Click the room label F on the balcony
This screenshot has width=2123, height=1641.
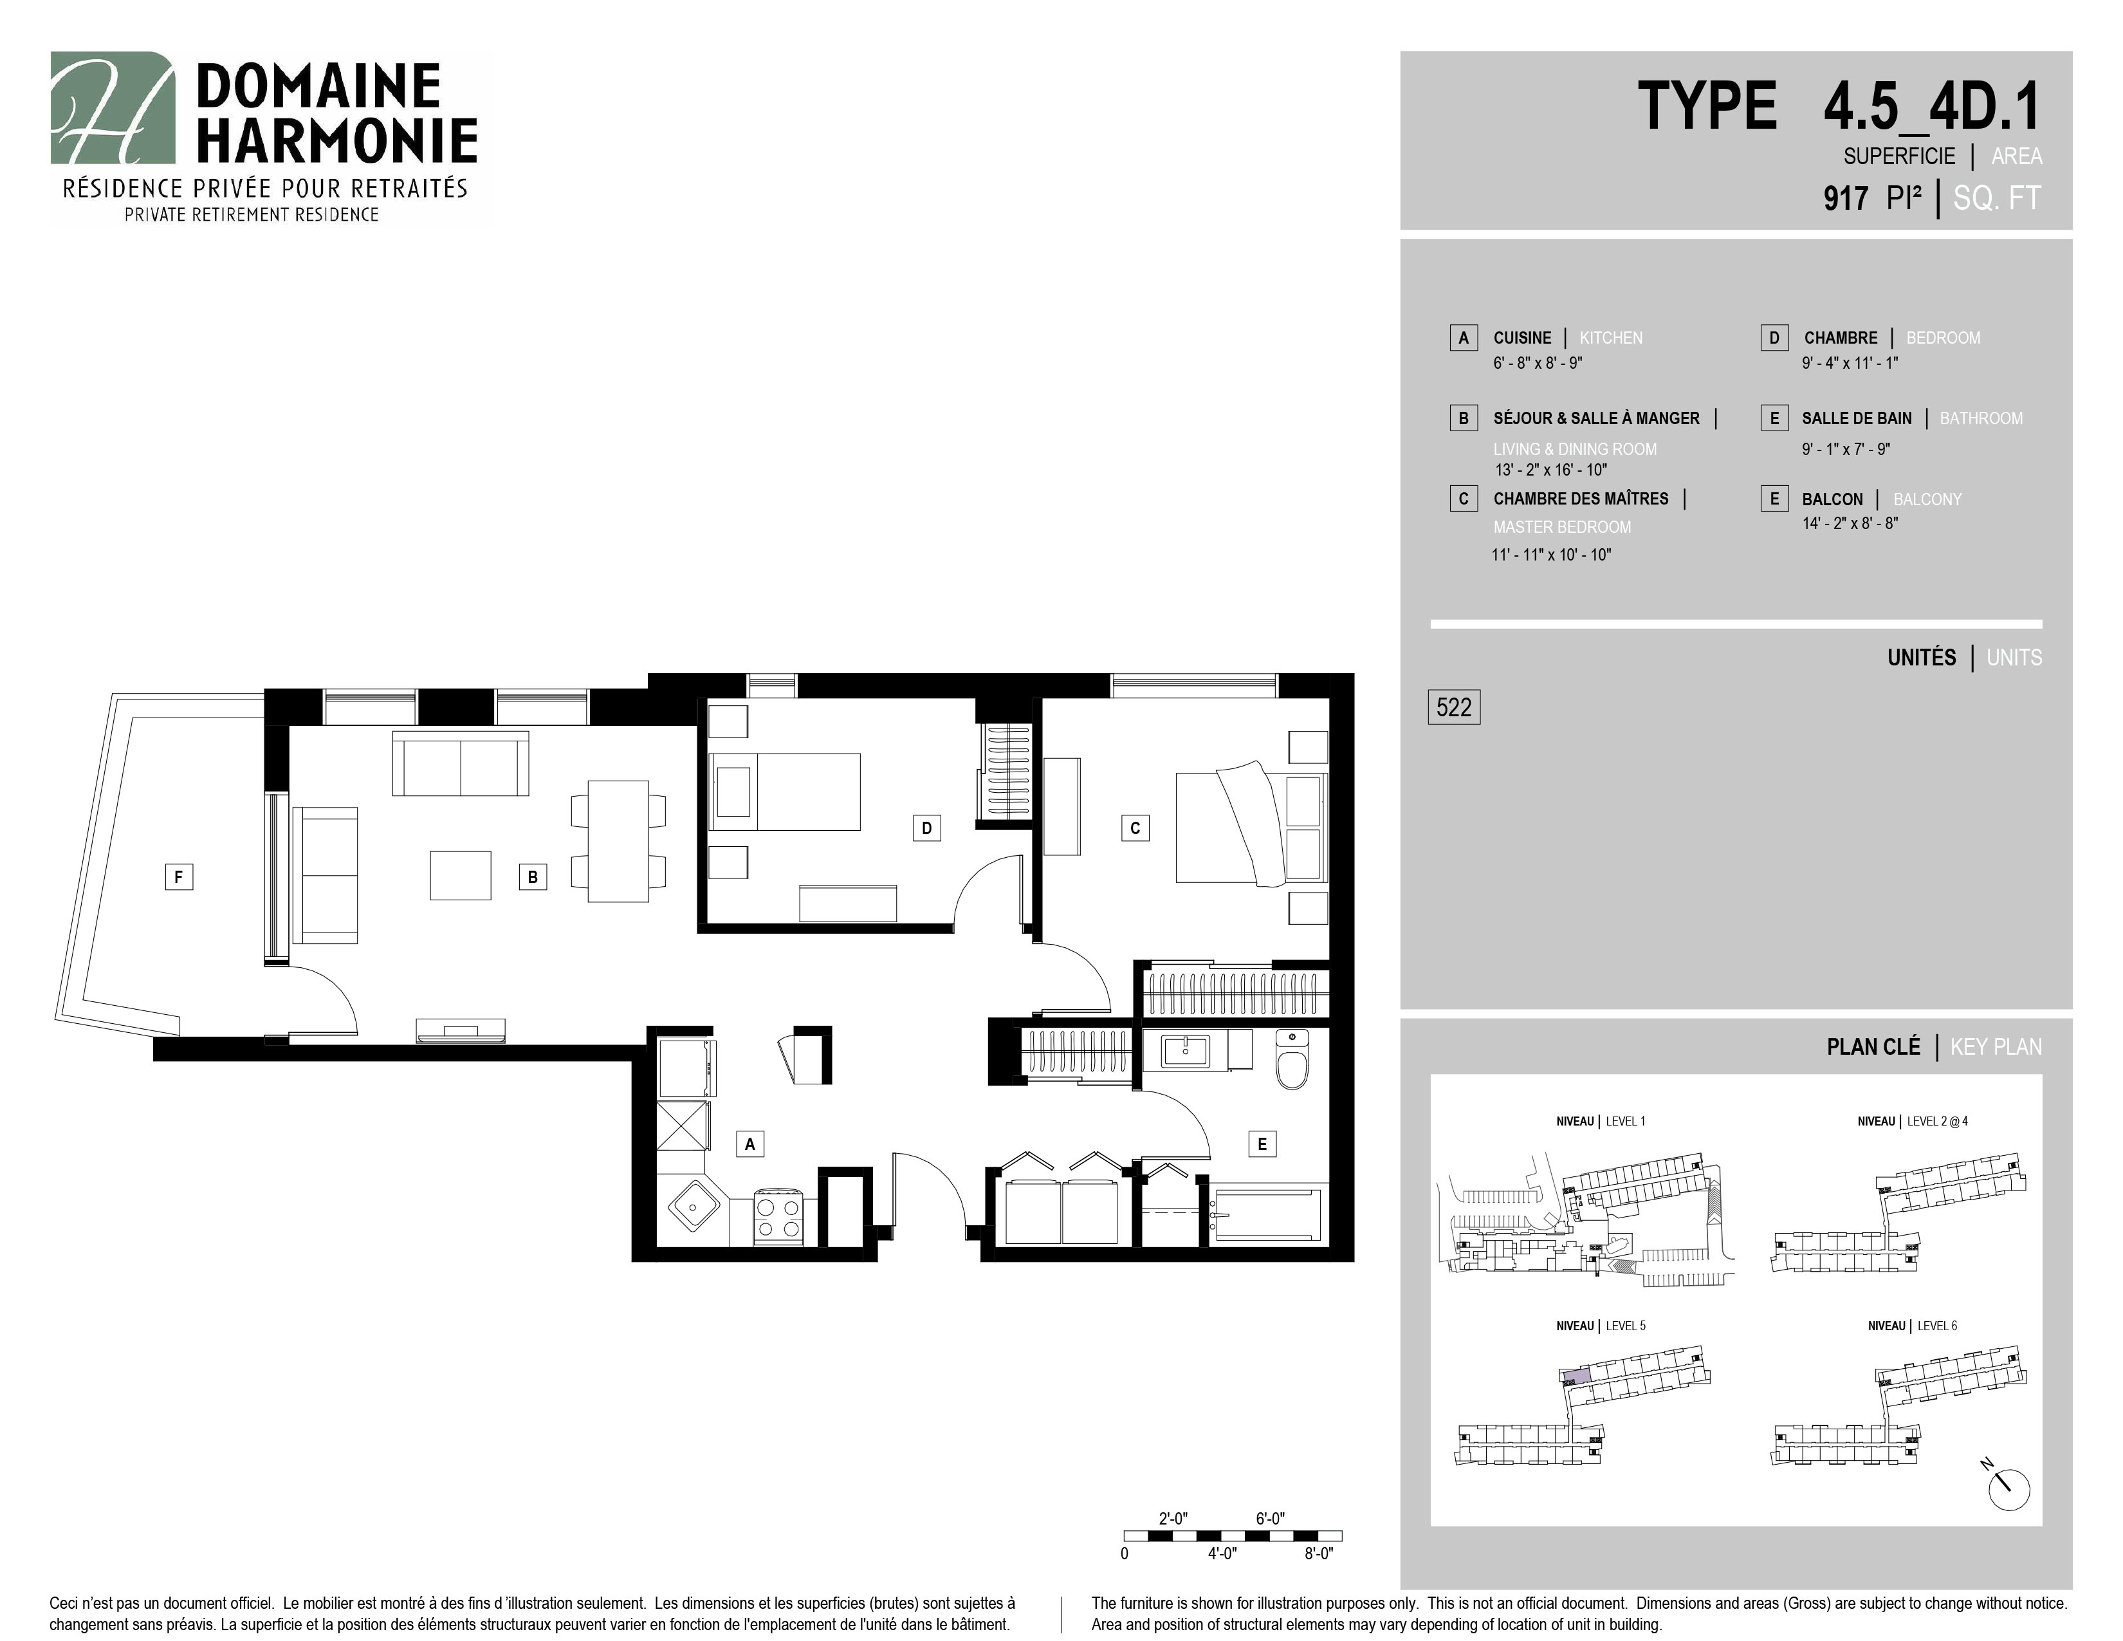178,877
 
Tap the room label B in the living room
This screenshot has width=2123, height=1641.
533,877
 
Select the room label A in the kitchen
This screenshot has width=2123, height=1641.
749,1144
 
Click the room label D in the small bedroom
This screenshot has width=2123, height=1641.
926,828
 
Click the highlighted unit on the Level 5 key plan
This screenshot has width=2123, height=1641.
1576,1377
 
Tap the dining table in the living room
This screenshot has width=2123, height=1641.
618,841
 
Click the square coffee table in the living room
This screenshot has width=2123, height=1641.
461,875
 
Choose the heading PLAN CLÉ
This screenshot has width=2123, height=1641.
1873,1047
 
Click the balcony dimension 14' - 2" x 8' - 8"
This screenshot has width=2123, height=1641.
1850,523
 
